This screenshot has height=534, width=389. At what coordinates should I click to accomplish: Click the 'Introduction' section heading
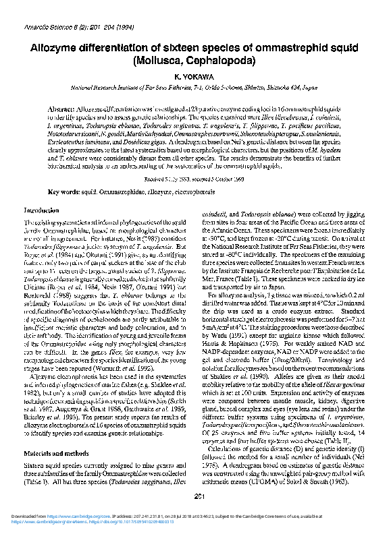coord(42,210)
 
